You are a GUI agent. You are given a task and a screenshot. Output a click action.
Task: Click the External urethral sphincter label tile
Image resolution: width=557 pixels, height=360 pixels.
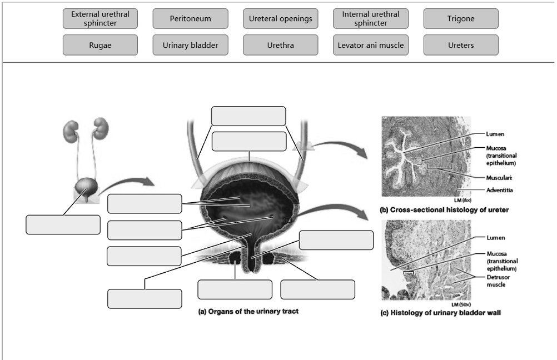[x=100, y=18]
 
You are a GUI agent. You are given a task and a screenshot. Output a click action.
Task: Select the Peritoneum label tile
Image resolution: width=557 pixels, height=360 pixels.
[x=190, y=18]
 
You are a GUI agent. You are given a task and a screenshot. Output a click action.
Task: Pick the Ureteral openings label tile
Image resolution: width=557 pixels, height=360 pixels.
[x=280, y=18]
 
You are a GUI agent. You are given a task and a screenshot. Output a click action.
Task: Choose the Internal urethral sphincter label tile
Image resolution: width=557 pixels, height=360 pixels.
[x=370, y=18]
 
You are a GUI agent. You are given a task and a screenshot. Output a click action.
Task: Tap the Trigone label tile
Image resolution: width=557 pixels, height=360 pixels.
[x=460, y=18]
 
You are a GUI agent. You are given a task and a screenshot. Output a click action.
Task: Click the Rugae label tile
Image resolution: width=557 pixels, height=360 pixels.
[x=100, y=45]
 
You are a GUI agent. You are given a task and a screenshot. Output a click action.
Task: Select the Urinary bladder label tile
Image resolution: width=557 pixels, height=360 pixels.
[x=190, y=45]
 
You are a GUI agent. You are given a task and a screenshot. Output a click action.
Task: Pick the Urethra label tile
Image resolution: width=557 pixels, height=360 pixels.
[x=280, y=45]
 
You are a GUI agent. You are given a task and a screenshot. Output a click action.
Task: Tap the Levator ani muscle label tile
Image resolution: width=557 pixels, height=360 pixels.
[x=370, y=45]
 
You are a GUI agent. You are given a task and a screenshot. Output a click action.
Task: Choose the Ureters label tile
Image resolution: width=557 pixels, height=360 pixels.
[x=460, y=45]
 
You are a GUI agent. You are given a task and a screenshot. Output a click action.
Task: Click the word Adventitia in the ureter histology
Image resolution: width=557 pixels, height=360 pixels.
[x=499, y=191]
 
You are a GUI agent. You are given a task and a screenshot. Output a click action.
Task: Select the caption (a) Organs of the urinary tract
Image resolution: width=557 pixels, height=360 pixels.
[x=248, y=312]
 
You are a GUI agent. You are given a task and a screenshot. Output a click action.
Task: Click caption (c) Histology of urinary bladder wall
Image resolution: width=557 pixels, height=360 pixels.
[x=440, y=313]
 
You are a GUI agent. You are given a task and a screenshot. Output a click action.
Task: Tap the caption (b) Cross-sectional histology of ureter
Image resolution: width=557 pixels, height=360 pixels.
[x=444, y=210]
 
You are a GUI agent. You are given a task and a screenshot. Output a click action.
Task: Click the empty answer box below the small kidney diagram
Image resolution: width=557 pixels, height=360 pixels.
[x=63, y=224]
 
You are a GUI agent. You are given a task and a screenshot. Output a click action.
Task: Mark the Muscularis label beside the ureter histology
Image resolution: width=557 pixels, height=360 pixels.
[x=499, y=178]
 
